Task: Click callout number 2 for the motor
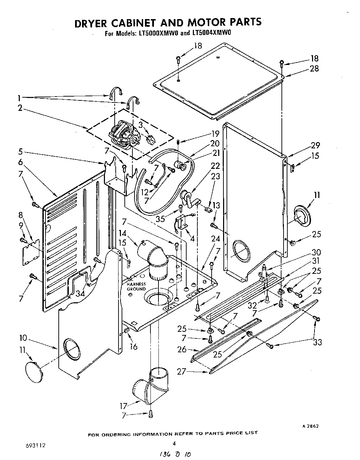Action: (x=21, y=108)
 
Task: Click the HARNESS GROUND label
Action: (x=136, y=286)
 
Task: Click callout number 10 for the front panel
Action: (x=23, y=338)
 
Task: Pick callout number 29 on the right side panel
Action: (x=316, y=145)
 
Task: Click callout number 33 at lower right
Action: (x=317, y=343)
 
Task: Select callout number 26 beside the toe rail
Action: (x=182, y=350)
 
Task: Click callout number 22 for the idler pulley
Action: (x=215, y=166)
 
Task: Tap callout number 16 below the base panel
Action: (x=133, y=346)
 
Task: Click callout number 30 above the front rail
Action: (x=316, y=252)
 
